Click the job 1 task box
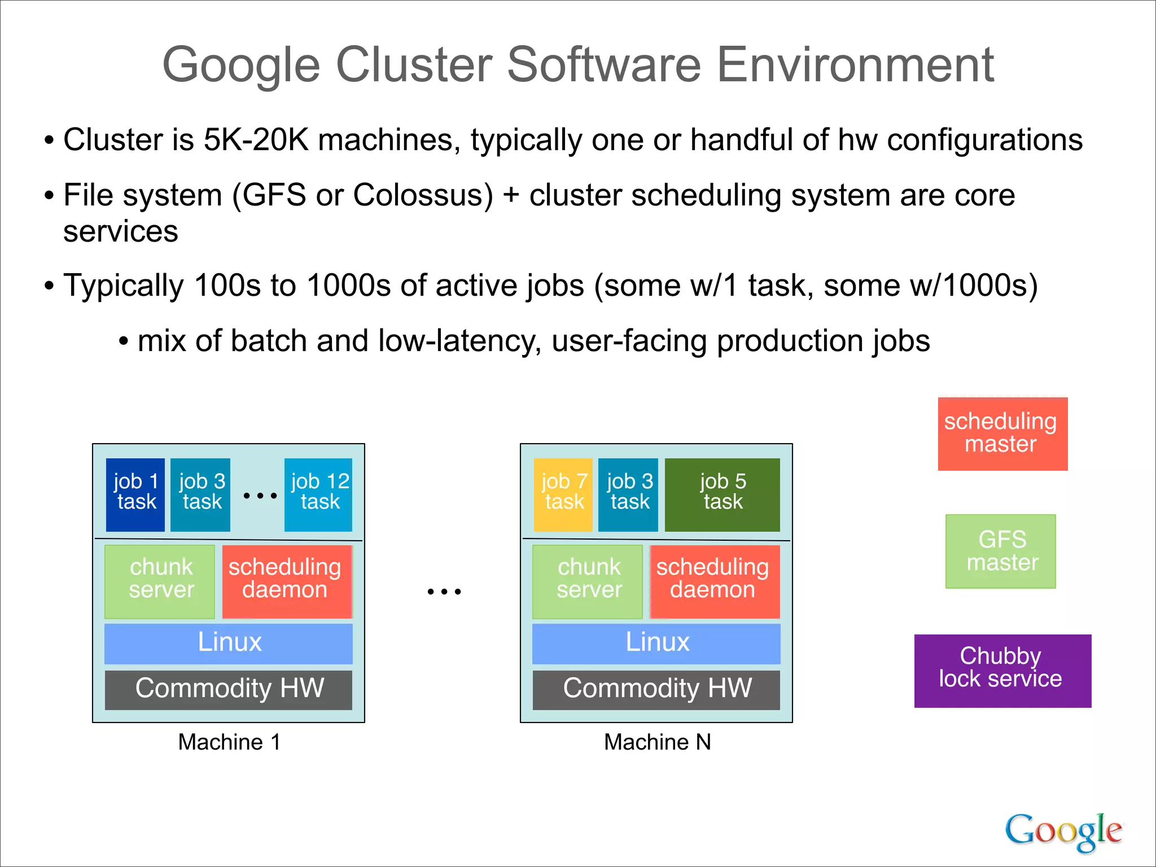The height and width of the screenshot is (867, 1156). coord(135,494)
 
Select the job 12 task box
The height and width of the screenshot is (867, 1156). coord(318,494)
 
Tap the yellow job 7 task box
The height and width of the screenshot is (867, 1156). coord(563,494)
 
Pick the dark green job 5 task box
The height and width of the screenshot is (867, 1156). coord(722,494)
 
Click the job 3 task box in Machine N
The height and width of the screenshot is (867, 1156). coord(628,494)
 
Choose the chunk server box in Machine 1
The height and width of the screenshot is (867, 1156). coord(160,581)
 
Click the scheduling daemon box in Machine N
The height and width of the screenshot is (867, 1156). coord(714,581)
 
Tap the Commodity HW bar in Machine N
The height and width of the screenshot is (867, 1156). coord(656,689)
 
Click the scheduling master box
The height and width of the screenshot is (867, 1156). coord(1002,433)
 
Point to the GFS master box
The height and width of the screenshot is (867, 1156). coord(1001,551)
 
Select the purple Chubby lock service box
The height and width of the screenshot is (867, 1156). coord(1002,671)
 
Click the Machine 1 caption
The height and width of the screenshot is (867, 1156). coord(229,742)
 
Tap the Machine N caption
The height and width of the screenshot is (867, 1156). coord(657,742)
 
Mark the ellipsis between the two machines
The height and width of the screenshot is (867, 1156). coord(444,592)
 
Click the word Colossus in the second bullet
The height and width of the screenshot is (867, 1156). coord(423,196)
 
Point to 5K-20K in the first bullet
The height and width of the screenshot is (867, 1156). coord(256,140)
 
